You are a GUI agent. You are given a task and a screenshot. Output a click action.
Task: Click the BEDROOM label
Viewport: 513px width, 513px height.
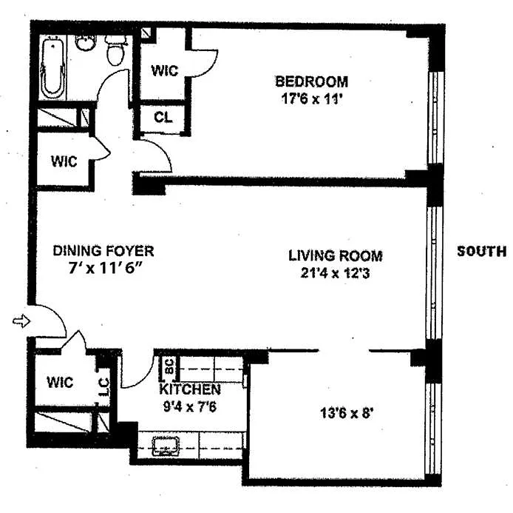click(x=311, y=81)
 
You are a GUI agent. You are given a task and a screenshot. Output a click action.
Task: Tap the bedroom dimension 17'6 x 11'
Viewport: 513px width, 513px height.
click(x=311, y=98)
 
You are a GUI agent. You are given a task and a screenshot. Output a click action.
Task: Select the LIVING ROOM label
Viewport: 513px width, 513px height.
click(x=336, y=255)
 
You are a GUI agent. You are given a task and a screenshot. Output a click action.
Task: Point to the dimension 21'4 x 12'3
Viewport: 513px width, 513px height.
click(x=335, y=273)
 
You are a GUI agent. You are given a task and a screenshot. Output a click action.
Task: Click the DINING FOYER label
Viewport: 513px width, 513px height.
click(x=103, y=251)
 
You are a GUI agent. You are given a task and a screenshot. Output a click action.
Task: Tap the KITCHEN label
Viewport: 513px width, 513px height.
click(x=190, y=389)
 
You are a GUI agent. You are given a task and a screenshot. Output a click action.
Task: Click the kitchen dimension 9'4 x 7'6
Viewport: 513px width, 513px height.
click(x=190, y=406)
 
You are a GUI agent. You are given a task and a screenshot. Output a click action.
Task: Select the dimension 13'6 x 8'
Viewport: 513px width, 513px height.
click(x=347, y=413)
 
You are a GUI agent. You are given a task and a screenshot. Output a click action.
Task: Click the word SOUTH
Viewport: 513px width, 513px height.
click(x=482, y=251)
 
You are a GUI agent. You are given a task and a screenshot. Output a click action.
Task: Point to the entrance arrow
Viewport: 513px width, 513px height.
click(x=21, y=321)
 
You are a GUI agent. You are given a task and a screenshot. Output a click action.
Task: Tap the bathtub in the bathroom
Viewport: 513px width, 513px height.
click(x=52, y=68)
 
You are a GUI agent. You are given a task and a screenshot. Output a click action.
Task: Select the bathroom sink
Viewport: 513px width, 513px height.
click(x=86, y=43)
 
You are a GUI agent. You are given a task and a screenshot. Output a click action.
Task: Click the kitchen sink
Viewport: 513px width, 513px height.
click(x=166, y=446)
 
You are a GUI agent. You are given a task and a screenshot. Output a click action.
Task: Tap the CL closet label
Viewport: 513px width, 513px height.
click(x=163, y=117)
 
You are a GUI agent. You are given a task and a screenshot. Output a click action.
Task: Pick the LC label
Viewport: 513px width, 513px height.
click(x=103, y=387)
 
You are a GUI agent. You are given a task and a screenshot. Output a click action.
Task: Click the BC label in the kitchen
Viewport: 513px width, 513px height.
click(x=169, y=366)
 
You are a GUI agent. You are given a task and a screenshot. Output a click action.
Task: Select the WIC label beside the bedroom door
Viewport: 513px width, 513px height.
click(x=165, y=70)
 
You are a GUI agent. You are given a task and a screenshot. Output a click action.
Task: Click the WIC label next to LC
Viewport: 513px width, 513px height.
click(x=60, y=382)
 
